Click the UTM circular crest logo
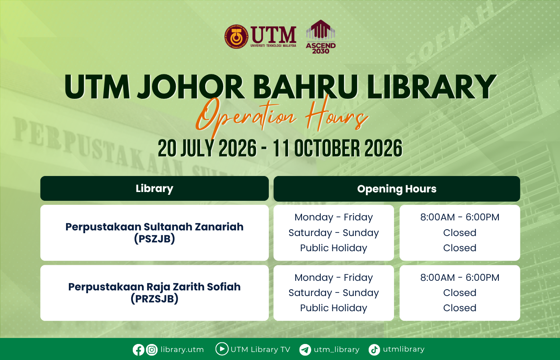pos(236,37)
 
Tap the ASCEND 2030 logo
pos(321,37)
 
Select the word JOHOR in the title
pos(191,87)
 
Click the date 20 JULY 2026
pos(207,148)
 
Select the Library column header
pos(154,188)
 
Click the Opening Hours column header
pos(397,189)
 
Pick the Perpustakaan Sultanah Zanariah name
pos(154,227)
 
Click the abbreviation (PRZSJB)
pos(154,299)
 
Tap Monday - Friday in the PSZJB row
pos(334,217)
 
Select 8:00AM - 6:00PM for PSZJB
pos(460,217)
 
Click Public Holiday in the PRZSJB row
pos(334,308)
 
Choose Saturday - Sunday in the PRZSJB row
pos(334,293)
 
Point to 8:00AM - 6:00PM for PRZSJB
pos(460,278)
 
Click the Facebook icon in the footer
pos(138,350)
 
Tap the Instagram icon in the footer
pos(152,350)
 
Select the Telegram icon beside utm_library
pos(305,350)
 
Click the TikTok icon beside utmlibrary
pos(374,350)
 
